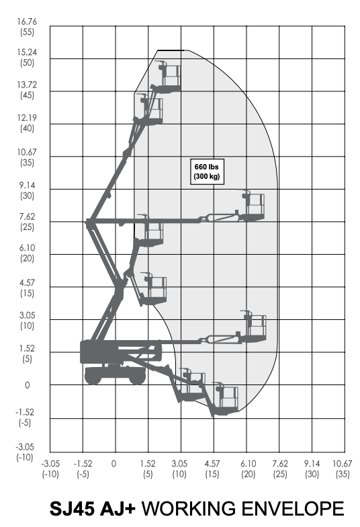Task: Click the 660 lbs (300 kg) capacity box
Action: coord(207,171)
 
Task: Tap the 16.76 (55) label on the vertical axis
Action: coord(27,27)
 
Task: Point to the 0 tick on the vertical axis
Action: coord(27,385)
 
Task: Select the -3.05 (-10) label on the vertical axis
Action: coord(25,452)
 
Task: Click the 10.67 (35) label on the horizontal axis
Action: coord(343,469)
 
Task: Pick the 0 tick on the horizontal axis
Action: coord(114,464)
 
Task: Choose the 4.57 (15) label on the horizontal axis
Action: coord(212,469)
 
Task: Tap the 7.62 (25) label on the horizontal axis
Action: coord(279,469)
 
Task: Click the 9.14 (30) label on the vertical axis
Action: coord(27,190)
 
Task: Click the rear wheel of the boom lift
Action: coord(93,376)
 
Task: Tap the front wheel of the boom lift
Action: coord(137,376)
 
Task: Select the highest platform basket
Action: coord(169,77)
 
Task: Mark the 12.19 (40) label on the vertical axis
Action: coord(27,123)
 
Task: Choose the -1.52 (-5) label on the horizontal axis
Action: coord(83,469)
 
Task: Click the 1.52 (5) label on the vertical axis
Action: coord(27,354)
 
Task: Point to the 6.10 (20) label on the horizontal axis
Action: coord(248,469)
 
